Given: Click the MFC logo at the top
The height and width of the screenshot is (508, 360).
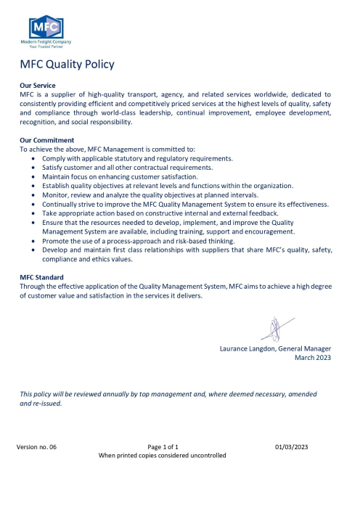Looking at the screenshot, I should (46, 29).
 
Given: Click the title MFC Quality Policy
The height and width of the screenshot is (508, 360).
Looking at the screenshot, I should (67, 64).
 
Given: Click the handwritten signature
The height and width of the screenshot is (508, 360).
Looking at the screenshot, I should (276, 327).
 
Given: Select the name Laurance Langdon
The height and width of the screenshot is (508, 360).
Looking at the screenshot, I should (246, 348).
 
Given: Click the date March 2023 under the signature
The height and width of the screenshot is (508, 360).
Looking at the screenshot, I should (312, 358).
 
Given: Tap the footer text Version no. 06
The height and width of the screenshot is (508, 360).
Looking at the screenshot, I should (36, 446).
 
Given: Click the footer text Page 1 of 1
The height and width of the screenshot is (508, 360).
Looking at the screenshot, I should (163, 446).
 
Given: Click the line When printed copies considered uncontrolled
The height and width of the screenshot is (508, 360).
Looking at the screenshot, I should (162, 456).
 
